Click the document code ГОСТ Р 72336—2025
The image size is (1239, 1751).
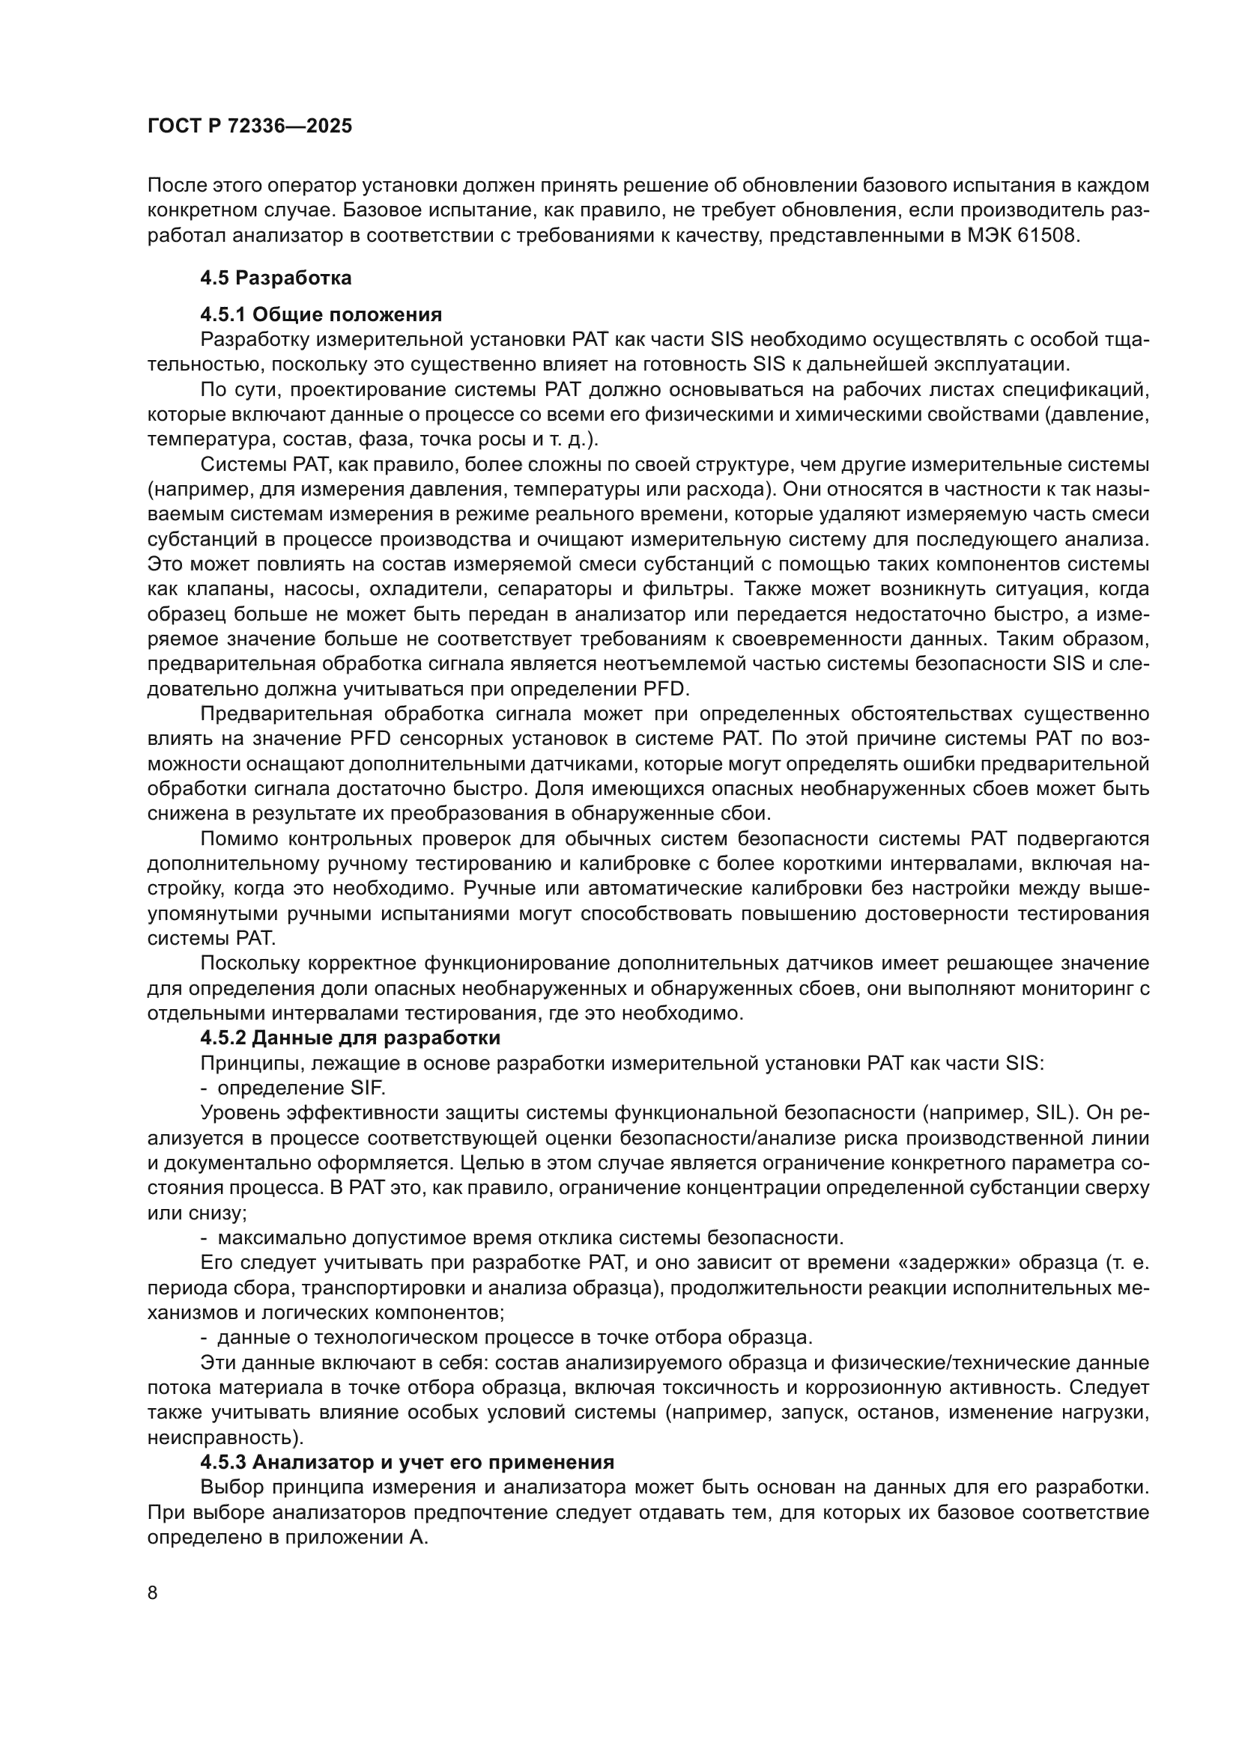(x=249, y=126)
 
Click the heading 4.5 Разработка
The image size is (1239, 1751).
(x=276, y=278)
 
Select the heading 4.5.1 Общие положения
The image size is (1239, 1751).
(x=321, y=315)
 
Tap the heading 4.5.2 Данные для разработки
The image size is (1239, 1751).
(x=350, y=1038)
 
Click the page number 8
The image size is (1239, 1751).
(x=152, y=1593)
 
